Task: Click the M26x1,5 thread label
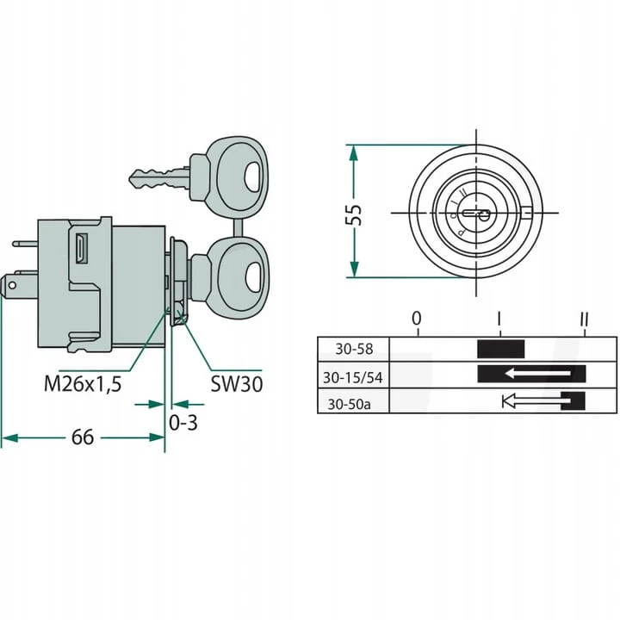[x=83, y=383]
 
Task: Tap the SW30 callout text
[x=237, y=384]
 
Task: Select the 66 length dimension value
[x=83, y=437]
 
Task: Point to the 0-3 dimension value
[x=183, y=423]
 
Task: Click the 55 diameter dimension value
[x=354, y=214]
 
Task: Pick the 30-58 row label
[x=354, y=349]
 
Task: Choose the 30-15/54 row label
[x=353, y=378]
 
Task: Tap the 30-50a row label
[x=349, y=404]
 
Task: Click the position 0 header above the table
[x=417, y=319]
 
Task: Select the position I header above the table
[x=499, y=319]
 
